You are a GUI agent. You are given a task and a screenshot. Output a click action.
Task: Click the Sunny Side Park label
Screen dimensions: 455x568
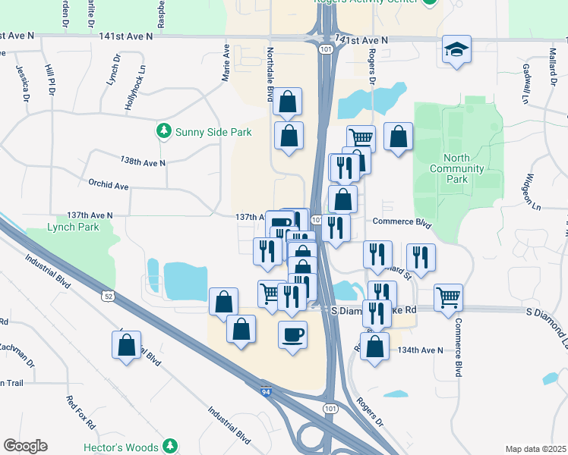(x=213, y=132)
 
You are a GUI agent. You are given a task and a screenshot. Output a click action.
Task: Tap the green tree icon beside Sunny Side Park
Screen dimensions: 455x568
(x=163, y=131)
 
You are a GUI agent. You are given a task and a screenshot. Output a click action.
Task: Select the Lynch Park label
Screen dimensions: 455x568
(x=73, y=227)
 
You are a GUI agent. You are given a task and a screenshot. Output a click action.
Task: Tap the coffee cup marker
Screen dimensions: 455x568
(x=293, y=334)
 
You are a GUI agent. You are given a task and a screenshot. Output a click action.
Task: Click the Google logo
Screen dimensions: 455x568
(x=25, y=446)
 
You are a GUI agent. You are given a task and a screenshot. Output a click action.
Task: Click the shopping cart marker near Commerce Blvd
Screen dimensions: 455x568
(x=449, y=297)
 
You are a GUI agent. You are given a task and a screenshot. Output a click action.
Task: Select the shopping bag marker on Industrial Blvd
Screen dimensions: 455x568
(x=127, y=345)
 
